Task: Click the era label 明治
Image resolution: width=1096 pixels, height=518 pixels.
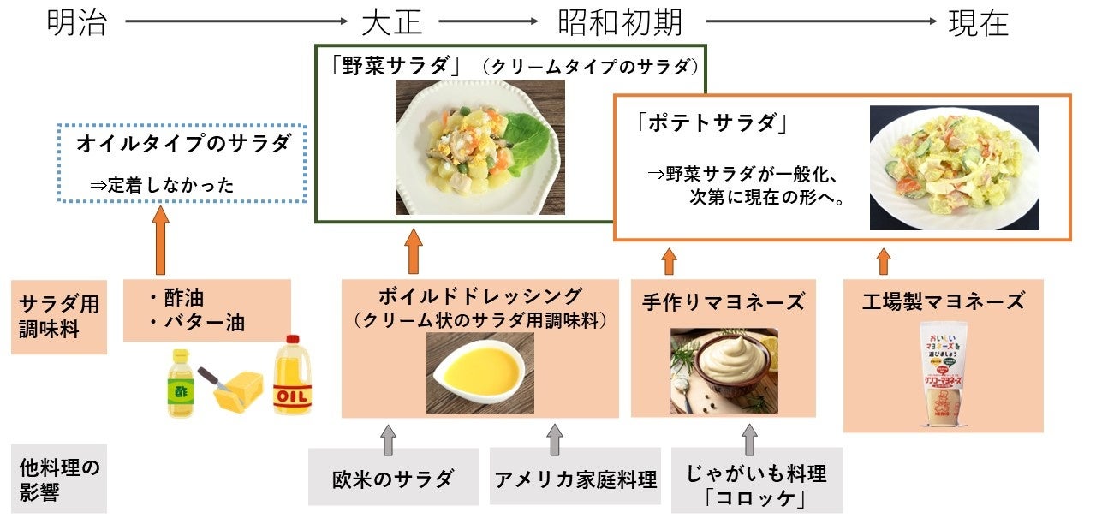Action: coord(77,23)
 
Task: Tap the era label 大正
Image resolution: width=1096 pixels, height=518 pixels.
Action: coord(392,23)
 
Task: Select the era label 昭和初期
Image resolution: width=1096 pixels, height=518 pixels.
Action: coord(621,23)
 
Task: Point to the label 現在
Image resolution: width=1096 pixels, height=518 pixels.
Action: coord(979,23)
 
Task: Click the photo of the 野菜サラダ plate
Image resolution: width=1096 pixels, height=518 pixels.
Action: coord(479,147)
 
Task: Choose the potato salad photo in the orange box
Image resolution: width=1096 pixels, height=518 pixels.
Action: coord(954,168)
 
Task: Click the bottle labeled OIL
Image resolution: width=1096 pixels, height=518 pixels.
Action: coord(292,376)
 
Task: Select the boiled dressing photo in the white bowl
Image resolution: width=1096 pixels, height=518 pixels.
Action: coord(480,373)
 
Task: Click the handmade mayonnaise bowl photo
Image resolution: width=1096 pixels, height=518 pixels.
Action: coord(724,371)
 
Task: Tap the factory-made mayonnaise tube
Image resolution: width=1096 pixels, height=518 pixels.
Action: coord(942,374)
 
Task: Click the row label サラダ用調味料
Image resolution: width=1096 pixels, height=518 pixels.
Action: coord(58,316)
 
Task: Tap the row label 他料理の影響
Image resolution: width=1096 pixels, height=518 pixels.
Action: coord(58,479)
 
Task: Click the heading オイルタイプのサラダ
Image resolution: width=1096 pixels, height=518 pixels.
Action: coord(190,144)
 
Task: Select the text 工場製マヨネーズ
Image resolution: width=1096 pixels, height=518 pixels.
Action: coord(942,301)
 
